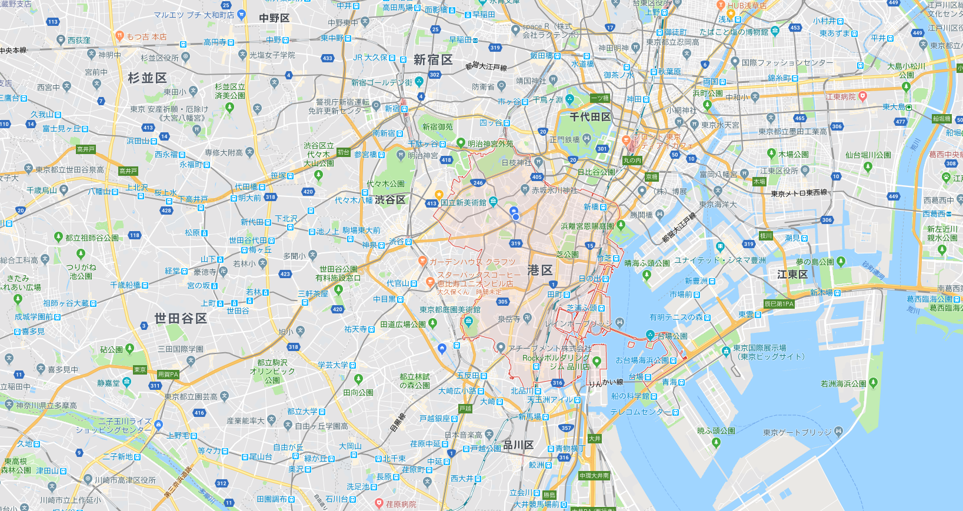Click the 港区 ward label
coord(540,270)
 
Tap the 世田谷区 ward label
coord(181,318)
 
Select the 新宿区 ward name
coord(433,60)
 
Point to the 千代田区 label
coord(590,117)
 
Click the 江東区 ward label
coord(792,275)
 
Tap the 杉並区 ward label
coord(148,78)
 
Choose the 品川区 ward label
coord(518,445)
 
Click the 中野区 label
coord(275,18)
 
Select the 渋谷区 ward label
coord(390,200)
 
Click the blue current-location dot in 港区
coord(516,217)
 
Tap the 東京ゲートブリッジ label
coord(797,432)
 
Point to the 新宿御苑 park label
coord(438,126)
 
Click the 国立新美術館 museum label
coord(464,202)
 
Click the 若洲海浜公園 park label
coord(844,383)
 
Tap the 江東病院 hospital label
coord(841,96)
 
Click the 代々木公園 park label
coord(385,184)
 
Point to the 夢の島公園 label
coord(815,262)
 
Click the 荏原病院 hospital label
coord(401,504)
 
